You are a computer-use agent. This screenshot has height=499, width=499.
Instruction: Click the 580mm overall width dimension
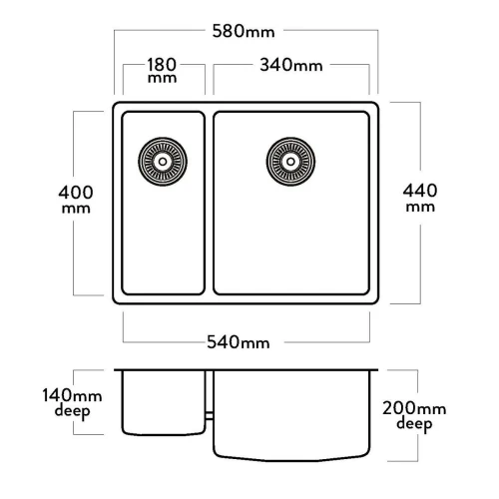(244, 31)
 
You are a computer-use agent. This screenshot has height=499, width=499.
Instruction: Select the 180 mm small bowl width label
(162, 70)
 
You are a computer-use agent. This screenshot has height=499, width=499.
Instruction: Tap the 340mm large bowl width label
(291, 65)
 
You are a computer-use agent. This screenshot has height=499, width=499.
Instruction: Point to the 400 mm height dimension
(76, 199)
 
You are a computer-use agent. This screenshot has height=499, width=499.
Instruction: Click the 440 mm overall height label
(420, 198)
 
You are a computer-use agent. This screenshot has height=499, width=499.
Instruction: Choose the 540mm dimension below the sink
(239, 342)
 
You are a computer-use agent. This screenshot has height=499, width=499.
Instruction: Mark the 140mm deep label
(72, 403)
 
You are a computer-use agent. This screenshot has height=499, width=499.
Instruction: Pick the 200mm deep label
(414, 415)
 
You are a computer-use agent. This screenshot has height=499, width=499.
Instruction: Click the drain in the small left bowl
(163, 162)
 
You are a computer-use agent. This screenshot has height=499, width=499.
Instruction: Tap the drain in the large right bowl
(290, 162)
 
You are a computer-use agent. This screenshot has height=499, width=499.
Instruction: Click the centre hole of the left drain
(163, 162)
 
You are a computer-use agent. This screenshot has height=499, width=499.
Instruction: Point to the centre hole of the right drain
(290, 162)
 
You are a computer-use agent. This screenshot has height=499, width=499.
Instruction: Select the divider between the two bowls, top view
(209, 203)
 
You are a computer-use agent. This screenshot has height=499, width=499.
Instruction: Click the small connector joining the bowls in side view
(210, 415)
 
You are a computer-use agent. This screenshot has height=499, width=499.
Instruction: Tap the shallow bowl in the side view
(164, 402)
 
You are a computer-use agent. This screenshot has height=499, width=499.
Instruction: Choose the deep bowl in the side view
(291, 415)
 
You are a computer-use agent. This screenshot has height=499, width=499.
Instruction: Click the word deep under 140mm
(72, 411)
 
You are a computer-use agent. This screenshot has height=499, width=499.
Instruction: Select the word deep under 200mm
(414, 424)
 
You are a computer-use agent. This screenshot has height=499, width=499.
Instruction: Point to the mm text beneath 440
(420, 207)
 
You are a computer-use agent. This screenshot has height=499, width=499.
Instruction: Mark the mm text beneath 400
(76, 209)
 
